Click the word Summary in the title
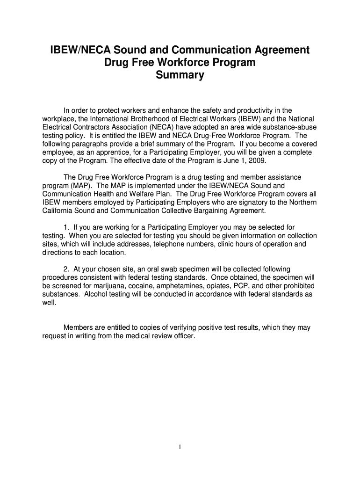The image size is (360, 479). (180, 75)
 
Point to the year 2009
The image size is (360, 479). (257, 161)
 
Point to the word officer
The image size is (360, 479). (182, 336)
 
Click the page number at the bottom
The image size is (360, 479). (180, 447)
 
